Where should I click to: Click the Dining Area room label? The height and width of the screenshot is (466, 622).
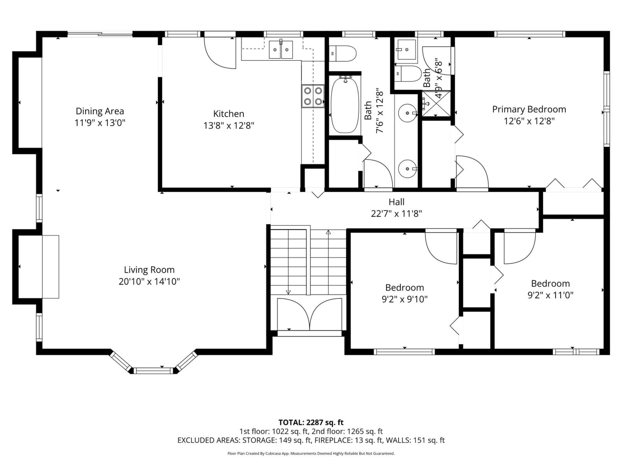pos(100,111)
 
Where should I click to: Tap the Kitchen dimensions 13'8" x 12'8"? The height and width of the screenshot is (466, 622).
pos(229,126)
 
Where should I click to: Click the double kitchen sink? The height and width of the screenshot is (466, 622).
pos(281,50)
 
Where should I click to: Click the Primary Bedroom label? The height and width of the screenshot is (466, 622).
pos(529,109)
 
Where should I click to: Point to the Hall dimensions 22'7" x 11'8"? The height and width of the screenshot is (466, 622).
pos(397,214)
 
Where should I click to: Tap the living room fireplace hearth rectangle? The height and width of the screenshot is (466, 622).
pos(51,267)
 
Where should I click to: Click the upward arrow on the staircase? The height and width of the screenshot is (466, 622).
pos(328,232)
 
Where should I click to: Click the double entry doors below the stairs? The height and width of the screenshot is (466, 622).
pos(309,315)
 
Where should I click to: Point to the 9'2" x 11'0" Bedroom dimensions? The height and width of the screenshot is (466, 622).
pos(550,295)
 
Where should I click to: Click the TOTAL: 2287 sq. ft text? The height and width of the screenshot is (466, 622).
pos(311,422)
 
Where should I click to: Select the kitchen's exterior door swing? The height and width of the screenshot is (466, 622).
pos(221,53)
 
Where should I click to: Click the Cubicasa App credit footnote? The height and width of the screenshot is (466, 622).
pos(311,453)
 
